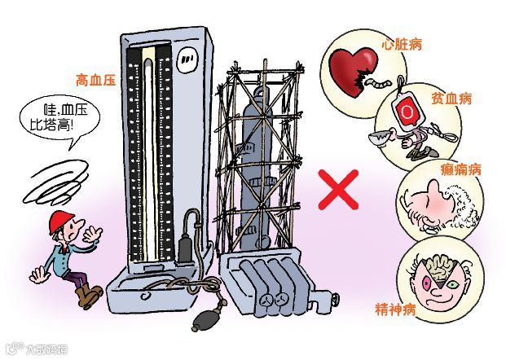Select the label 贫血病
coord(453,98)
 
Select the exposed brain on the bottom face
coord(433,266)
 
